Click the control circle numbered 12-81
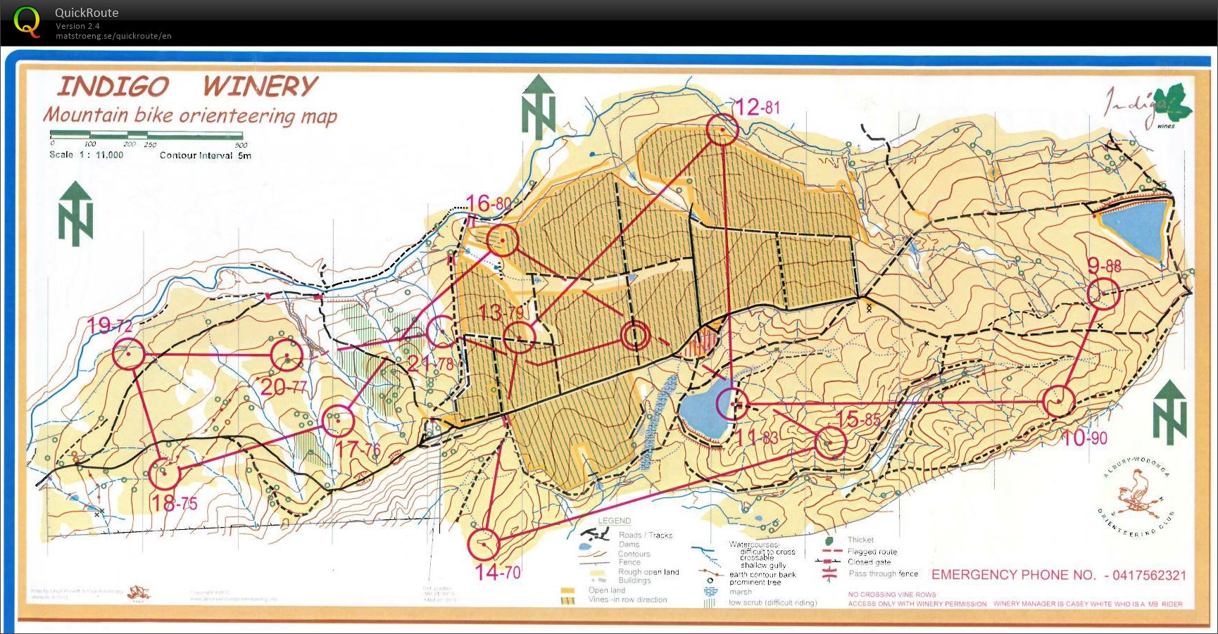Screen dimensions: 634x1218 pos(722,130)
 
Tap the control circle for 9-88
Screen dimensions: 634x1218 pos(1103,294)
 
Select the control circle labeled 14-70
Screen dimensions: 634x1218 pos(484,543)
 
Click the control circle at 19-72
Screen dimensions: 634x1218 pos(128,353)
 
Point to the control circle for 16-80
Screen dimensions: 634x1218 pos(503,241)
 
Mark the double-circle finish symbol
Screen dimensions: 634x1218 pos(635,336)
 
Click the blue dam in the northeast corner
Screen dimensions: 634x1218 pos(1132,225)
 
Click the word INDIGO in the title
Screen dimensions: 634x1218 pos(113,87)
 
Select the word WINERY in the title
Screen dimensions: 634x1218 pos(260,87)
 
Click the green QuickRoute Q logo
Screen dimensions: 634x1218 pos(27,21)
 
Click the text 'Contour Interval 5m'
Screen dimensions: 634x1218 pos(205,156)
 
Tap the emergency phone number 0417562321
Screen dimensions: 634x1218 pos(1145,575)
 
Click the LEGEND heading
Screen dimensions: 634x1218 pos(614,521)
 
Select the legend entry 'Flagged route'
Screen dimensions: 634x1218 pos(872,552)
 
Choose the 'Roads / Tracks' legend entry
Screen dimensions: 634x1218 pos(645,535)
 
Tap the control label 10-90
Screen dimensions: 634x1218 pos(1084,438)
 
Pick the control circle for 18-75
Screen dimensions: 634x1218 pos(163,473)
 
